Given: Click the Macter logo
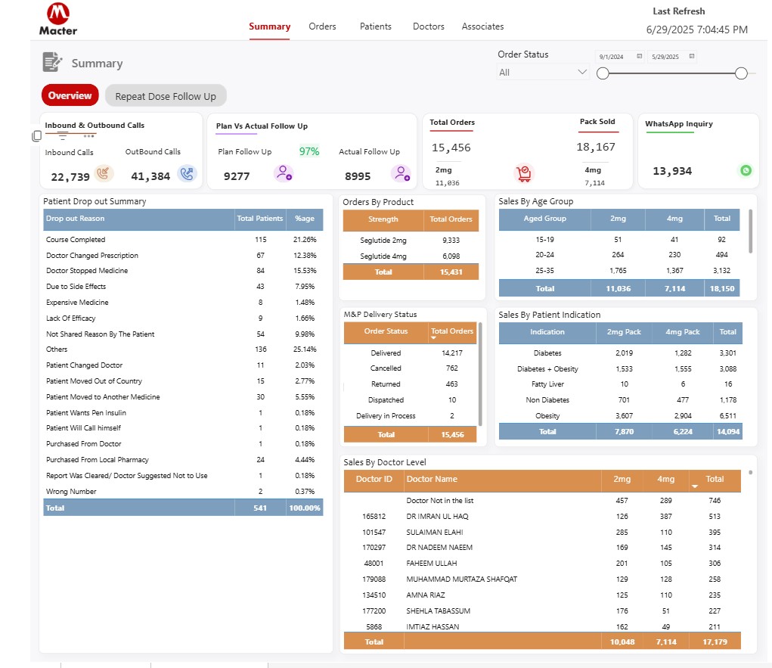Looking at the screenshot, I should (58, 19).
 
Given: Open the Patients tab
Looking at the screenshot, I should (375, 26).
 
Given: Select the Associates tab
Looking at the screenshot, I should (482, 26).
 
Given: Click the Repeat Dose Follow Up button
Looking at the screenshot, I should (166, 96).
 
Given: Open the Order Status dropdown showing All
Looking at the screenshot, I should (543, 73).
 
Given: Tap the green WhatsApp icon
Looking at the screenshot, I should (746, 170).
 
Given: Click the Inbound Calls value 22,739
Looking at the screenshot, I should (70, 176).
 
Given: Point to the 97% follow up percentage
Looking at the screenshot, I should (309, 151).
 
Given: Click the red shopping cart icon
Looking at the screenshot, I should (523, 173).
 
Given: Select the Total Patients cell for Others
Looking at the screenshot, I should (261, 350).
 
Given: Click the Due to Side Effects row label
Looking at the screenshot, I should (76, 287).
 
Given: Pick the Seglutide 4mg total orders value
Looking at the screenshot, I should (451, 256).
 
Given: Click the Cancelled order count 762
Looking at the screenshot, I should (451, 368).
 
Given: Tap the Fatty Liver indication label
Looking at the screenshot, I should (547, 384).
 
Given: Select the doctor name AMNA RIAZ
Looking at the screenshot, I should (426, 595).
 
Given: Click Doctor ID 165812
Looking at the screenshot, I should (374, 516).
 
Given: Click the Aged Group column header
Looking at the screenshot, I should (544, 219).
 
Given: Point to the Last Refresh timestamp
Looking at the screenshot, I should (696, 30).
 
